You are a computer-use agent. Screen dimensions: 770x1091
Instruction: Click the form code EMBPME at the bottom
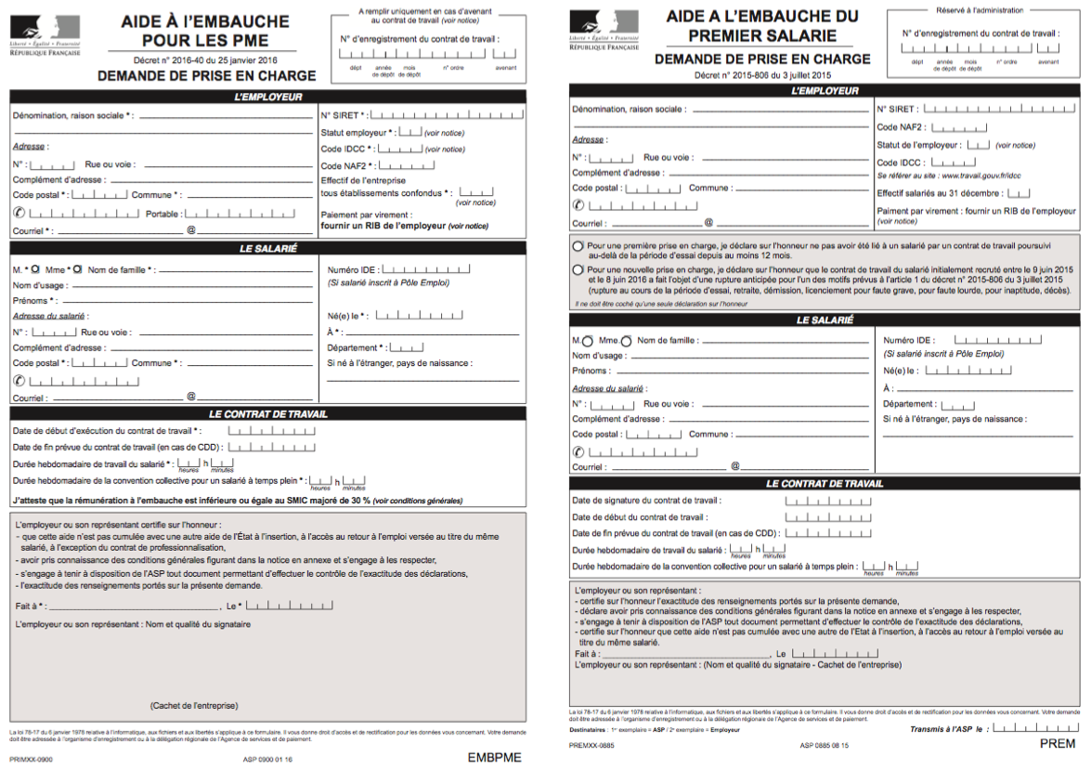point(494,757)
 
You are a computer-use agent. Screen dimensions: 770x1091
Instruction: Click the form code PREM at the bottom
point(1057,743)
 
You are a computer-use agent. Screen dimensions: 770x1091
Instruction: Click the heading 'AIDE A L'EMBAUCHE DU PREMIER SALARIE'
point(762,26)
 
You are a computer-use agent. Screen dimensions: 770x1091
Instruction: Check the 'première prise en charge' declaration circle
point(578,247)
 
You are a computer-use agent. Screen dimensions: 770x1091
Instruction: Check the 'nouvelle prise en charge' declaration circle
point(578,269)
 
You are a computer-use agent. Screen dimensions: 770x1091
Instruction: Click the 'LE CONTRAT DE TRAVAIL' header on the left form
point(267,414)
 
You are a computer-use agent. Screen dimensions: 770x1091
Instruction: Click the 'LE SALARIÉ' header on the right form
point(825,320)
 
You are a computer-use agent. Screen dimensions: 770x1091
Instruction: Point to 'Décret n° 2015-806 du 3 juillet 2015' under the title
point(762,74)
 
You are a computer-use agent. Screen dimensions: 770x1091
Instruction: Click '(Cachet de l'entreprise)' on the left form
point(193,705)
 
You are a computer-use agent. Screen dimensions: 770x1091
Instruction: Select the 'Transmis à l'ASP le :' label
point(949,729)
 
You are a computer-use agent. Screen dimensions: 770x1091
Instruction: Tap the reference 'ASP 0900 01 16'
point(267,759)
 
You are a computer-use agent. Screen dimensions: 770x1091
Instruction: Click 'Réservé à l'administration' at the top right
point(984,10)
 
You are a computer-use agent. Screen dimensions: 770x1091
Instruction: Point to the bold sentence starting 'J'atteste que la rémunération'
point(238,500)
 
